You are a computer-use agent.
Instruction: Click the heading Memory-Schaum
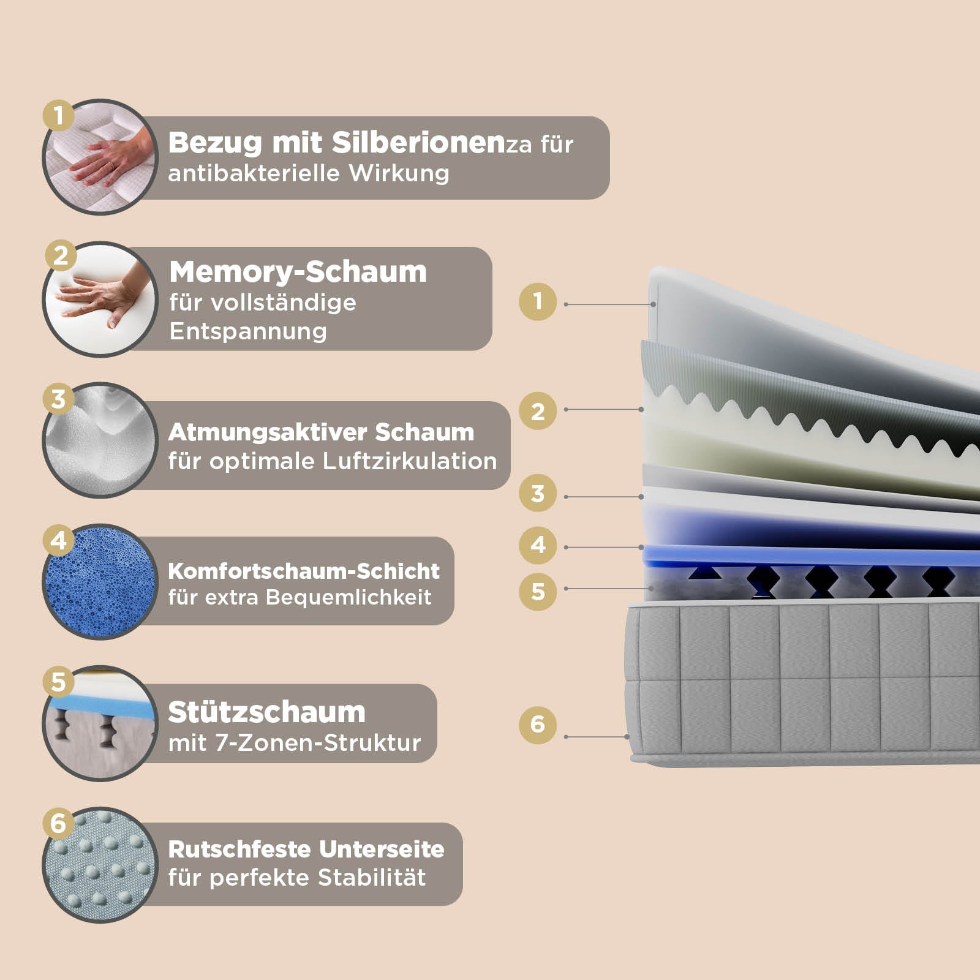298,272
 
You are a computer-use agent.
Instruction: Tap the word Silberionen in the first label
418,143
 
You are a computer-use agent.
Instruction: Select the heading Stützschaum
266,712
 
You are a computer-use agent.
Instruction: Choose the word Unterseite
382,849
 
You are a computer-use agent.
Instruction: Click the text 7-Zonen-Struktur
318,743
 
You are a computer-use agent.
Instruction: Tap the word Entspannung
248,331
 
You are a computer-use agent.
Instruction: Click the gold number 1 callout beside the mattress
537,301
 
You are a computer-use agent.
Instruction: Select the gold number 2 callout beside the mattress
537,411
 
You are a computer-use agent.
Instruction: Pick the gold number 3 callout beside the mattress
537,493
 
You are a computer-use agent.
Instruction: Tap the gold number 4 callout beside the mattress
537,545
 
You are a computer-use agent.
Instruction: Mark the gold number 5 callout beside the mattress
537,592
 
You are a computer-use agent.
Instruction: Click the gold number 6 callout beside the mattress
537,725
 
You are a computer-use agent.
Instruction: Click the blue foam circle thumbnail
100,582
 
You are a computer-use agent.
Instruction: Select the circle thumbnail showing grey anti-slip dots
100,865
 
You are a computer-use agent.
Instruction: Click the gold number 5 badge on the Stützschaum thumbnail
58,682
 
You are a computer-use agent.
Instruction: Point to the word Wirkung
399,173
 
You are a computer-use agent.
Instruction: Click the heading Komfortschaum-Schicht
304,571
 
